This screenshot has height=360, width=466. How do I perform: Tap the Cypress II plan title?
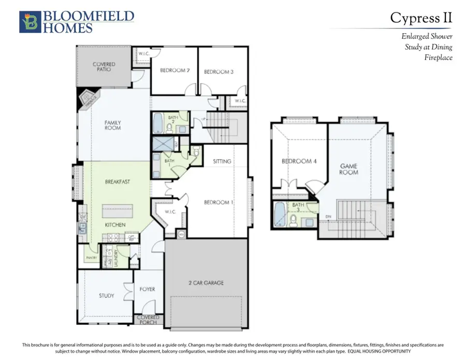[x=420, y=18]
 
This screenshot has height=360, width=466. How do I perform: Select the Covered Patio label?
[x=104, y=67]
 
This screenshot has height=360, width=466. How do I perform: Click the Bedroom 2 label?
[x=174, y=70]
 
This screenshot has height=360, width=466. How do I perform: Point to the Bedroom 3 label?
[x=218, y=72]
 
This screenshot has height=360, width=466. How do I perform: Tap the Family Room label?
[x=112, y=125]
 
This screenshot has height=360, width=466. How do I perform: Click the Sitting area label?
[x=222, y=162]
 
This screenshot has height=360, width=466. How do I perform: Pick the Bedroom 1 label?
[x=217, y=202]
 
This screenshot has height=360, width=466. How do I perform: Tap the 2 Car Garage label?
[x=206, y=283]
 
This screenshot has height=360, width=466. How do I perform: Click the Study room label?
[x=106, y=296]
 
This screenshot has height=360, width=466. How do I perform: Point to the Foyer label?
[x=147, y=290]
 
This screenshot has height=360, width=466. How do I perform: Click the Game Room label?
[x=348, y=169]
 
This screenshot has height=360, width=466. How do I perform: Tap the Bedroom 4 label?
[x=299, y=161]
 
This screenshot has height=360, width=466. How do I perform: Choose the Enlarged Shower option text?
[x=427, y=37]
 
